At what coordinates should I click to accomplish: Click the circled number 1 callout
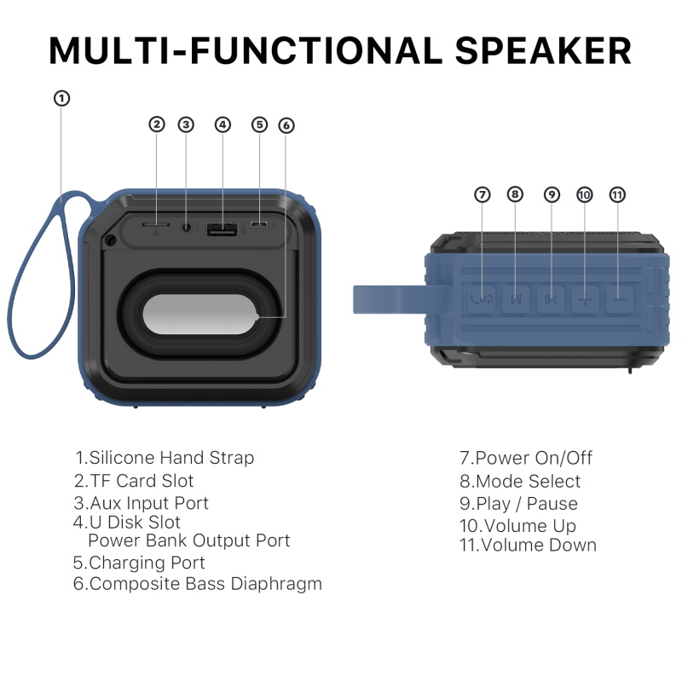(x=61, y=98)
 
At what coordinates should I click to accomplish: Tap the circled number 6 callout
(x=286, y=125)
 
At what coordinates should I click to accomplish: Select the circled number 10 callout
(x=585, y=194)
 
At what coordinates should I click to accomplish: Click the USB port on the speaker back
(x=222, y=228)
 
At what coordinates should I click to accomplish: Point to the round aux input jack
(x=187, y=227)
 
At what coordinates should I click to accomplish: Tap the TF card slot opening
(x=156, y=224)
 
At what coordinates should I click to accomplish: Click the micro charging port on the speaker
(x=259, y=225)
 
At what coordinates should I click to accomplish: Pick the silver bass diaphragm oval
(x=200, y=315)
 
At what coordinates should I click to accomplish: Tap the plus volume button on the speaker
(x=586, y=299)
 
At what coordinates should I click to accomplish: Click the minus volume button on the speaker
(x=620, y=299)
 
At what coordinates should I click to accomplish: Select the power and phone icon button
(x=482, y=299)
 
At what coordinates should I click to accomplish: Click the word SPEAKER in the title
(x=543, y=51)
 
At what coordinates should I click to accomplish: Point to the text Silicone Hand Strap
(x=172, y=458)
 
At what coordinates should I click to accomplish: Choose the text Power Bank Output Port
(x=188, y=540)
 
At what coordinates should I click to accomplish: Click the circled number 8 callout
(x=515, y=194)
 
